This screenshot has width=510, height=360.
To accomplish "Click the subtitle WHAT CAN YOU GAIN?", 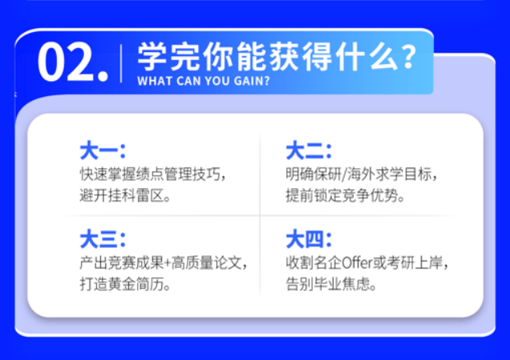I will click(x=204, y=82).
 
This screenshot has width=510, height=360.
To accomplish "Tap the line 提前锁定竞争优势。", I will click(x=345, y=196).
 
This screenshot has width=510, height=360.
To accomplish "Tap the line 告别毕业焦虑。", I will click(x=331, y=284).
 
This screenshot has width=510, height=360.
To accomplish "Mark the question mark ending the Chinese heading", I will click(x=407, y=57).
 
